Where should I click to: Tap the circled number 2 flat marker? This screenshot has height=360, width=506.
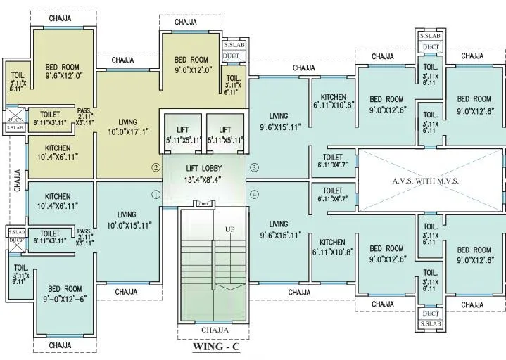(156, 167)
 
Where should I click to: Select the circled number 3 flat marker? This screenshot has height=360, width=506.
(254, 167)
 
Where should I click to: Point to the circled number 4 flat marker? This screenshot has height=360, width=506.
(254, 194)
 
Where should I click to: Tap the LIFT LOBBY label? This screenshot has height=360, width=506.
(205, 168)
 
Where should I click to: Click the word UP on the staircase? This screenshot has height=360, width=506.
(229, 229)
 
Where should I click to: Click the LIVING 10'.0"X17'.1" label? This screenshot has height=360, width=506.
(127, 127)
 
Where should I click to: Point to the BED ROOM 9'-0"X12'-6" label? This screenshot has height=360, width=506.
(65, 294)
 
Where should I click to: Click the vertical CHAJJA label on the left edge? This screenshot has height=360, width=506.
(17, 179)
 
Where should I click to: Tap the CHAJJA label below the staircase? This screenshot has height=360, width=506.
(215, 329)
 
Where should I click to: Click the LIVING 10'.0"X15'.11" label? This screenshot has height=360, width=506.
(127, 219)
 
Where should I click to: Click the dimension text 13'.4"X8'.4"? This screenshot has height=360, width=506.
(205, 180)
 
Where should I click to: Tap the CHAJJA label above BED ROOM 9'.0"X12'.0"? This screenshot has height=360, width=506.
(186, 22)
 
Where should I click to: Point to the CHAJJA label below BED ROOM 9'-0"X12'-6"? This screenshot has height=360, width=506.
(61, 345)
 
